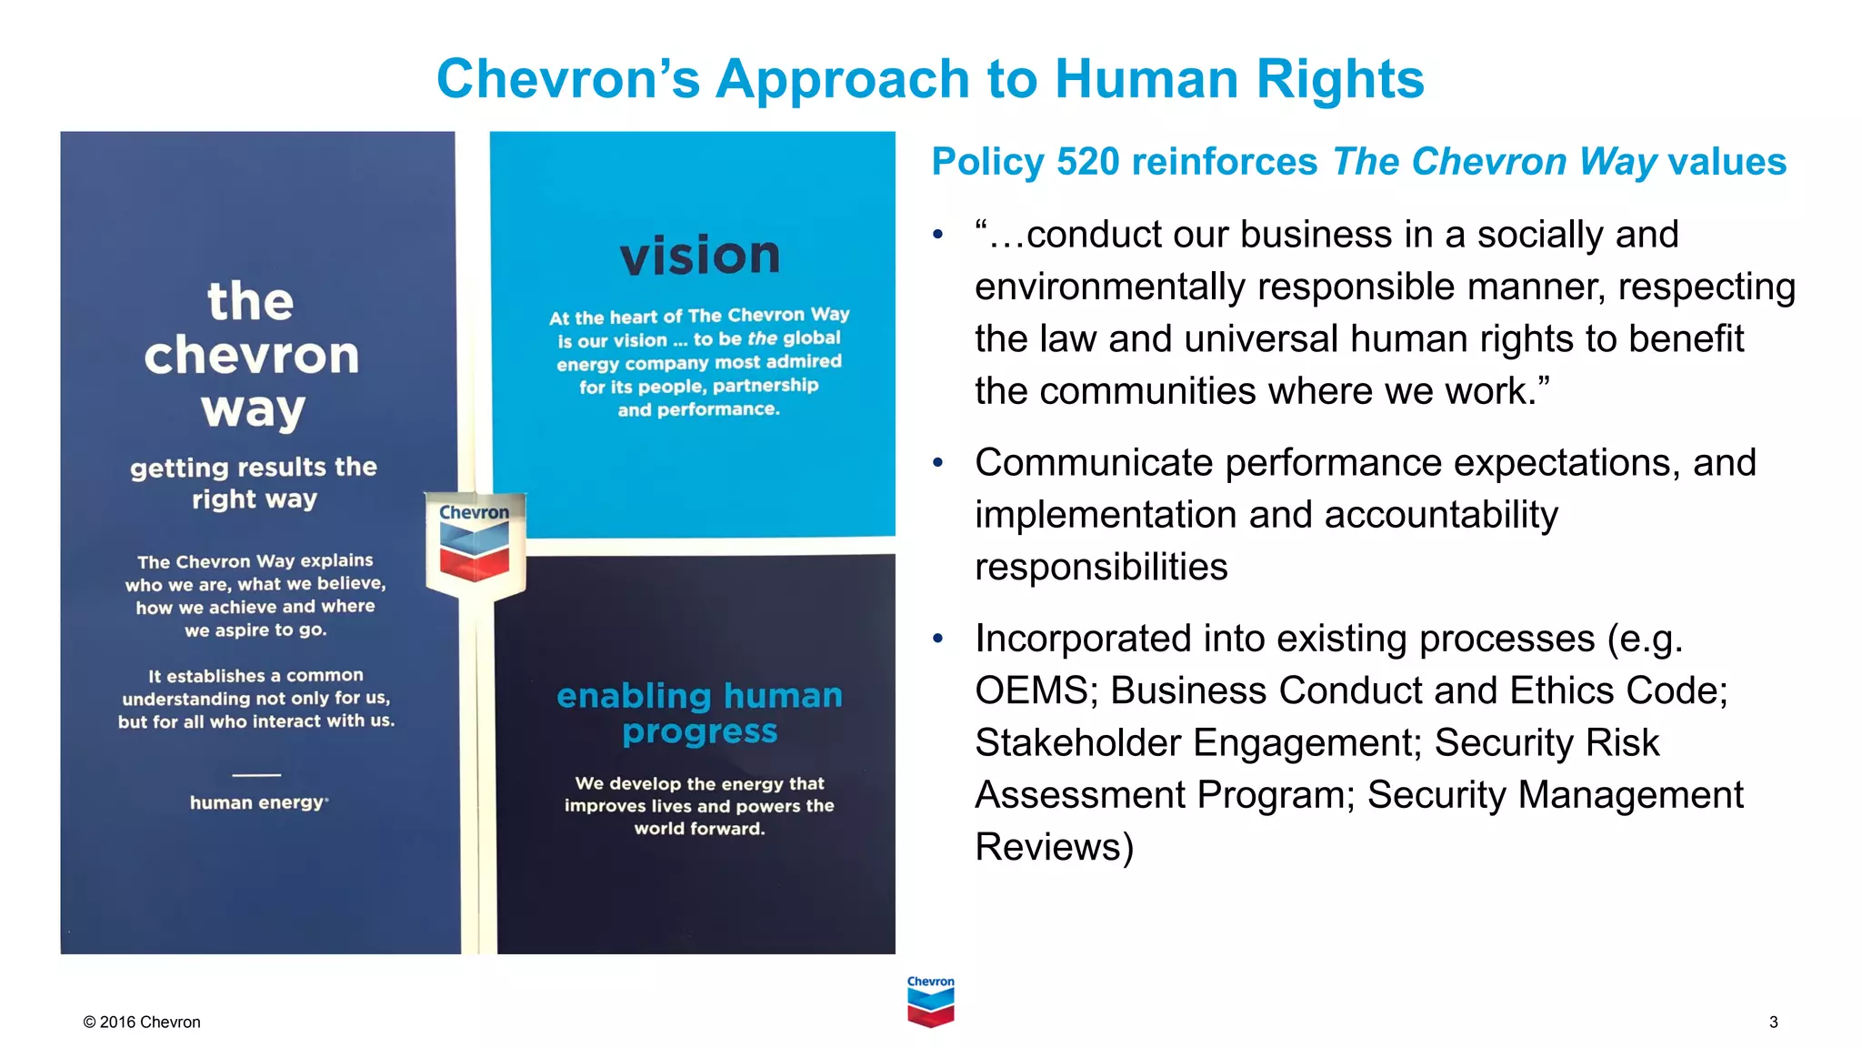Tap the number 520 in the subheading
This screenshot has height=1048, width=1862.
tap(1088, 162)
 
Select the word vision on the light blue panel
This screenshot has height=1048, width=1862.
tap(700, 256)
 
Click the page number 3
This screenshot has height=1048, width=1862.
tap(1773, 1022)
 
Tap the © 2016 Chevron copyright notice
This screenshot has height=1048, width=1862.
tap(142, 1022)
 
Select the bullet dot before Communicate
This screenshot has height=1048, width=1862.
tap(938, 463)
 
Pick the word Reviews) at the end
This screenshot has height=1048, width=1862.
tap(1054, 847)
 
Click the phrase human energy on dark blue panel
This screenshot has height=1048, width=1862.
tap(257, 802)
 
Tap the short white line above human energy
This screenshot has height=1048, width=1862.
tap(256, 775)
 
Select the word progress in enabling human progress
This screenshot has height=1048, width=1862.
tap(700, 731)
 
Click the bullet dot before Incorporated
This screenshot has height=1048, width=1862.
tap(938, 639)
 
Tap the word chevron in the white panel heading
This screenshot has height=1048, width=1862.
tap(252, 355)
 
